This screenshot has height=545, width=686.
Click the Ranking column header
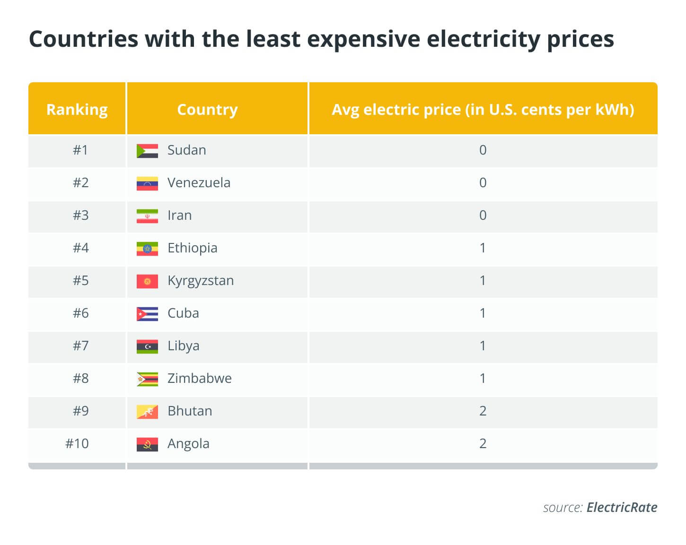click(77, 110)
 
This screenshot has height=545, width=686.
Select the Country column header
click(208, 110)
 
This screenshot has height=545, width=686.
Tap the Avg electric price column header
click(483, 110)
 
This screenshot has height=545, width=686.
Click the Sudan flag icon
click(147, 151)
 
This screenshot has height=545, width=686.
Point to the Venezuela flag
click(147, 183)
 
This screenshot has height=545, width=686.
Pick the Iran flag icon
click(147, 216)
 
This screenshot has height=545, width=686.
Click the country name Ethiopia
click(193, 248)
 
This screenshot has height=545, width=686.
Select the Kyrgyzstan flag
click(147, 282)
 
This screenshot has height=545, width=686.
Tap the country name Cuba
click(183, 313)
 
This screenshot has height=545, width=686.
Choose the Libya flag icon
click(147, 347)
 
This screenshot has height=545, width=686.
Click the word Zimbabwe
click(200, 379)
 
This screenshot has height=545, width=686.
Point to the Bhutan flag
click(147, 412)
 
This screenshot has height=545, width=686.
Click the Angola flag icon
click(147, 445)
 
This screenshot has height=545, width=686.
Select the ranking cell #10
click(77, 444)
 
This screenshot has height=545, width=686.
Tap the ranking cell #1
click(80, 150)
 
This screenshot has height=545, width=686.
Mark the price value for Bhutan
click(483, 411)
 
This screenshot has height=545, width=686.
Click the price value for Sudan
click(483, 150)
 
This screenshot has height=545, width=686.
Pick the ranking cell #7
click(80, 346)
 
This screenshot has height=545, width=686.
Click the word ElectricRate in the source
click(622, 507)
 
